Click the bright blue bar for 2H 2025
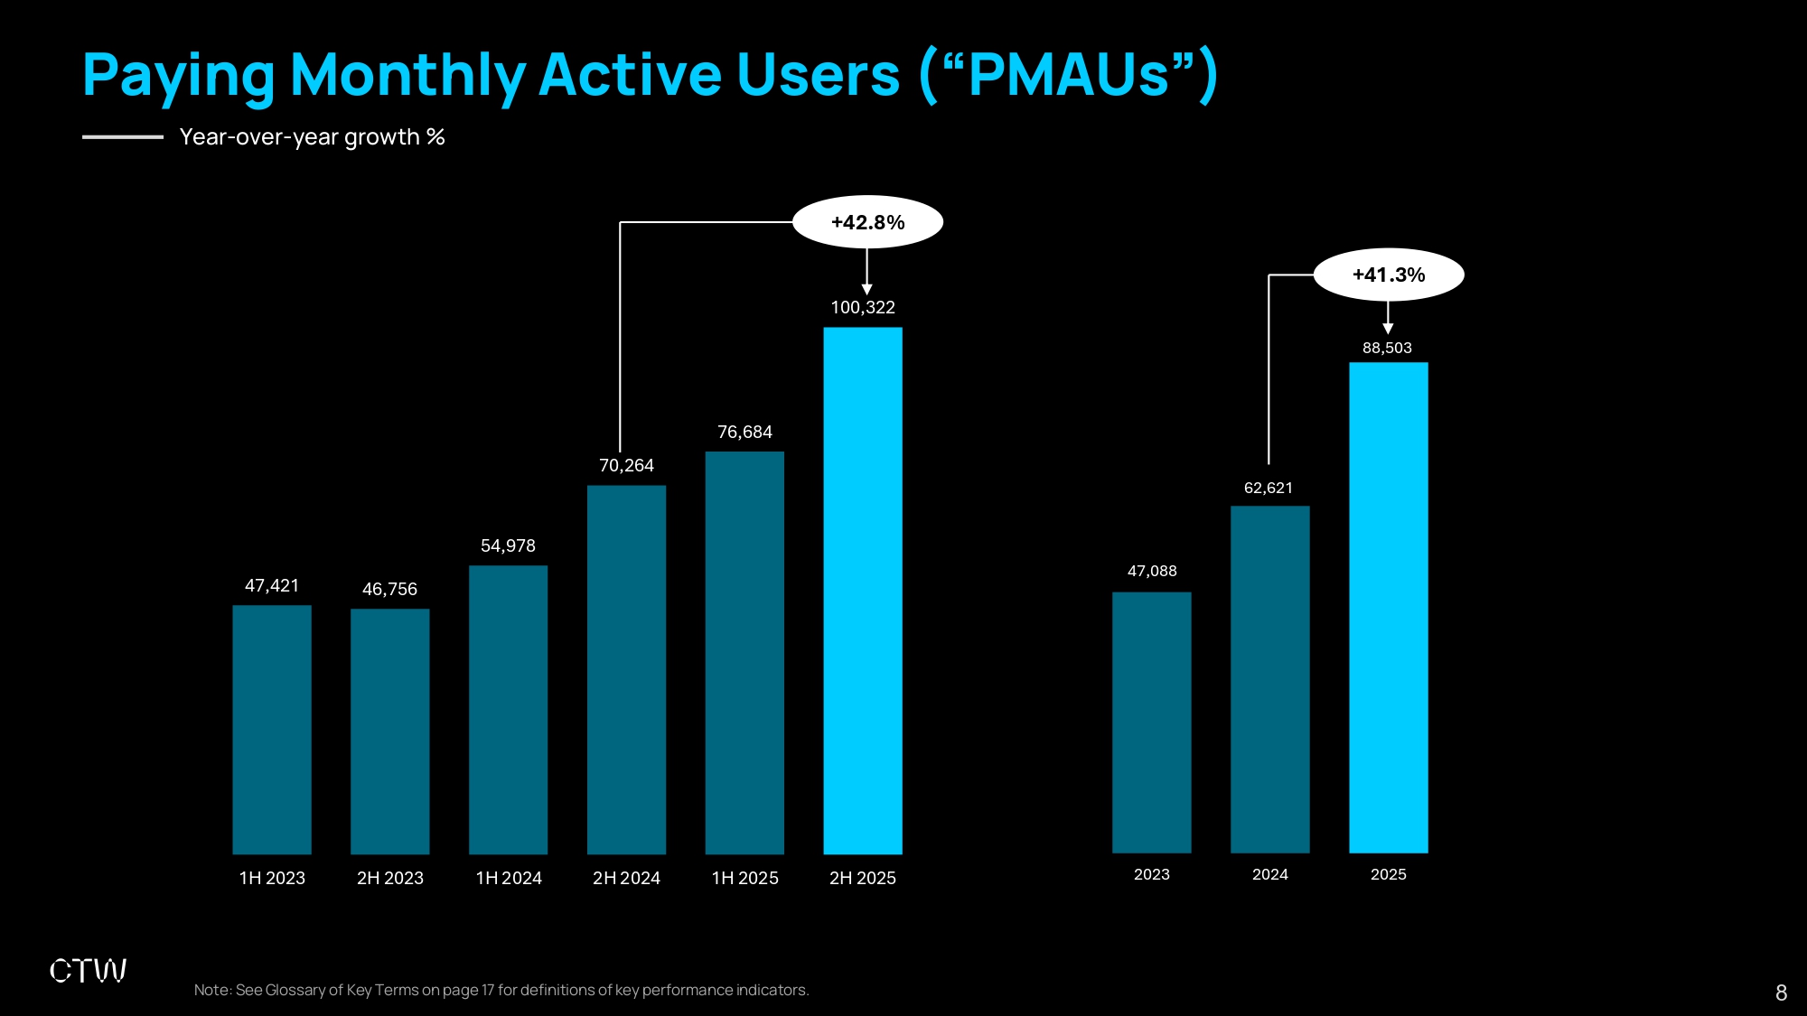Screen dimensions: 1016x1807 863,591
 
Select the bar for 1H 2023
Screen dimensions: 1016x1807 272,730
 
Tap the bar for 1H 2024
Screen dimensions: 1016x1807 509,710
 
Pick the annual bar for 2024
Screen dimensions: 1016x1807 1269,679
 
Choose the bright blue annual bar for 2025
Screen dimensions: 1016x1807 1388,608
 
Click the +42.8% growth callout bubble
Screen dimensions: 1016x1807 867,222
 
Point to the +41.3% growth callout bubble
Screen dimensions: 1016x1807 1389,275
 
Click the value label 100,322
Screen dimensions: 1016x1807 863,308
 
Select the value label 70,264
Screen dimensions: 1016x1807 626,466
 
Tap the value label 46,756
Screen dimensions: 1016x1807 389,590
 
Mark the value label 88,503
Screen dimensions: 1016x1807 1387,349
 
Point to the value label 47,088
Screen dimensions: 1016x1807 1152,572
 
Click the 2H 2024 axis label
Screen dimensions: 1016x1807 626,879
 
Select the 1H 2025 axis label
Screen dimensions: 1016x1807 744,879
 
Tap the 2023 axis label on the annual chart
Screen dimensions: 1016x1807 1152,875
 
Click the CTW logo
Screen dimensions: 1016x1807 88,971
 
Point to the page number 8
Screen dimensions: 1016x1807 1781,993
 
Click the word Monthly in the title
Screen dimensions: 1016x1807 407,75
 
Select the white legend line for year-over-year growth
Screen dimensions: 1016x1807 123,137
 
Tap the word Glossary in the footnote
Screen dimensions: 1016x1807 295,991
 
